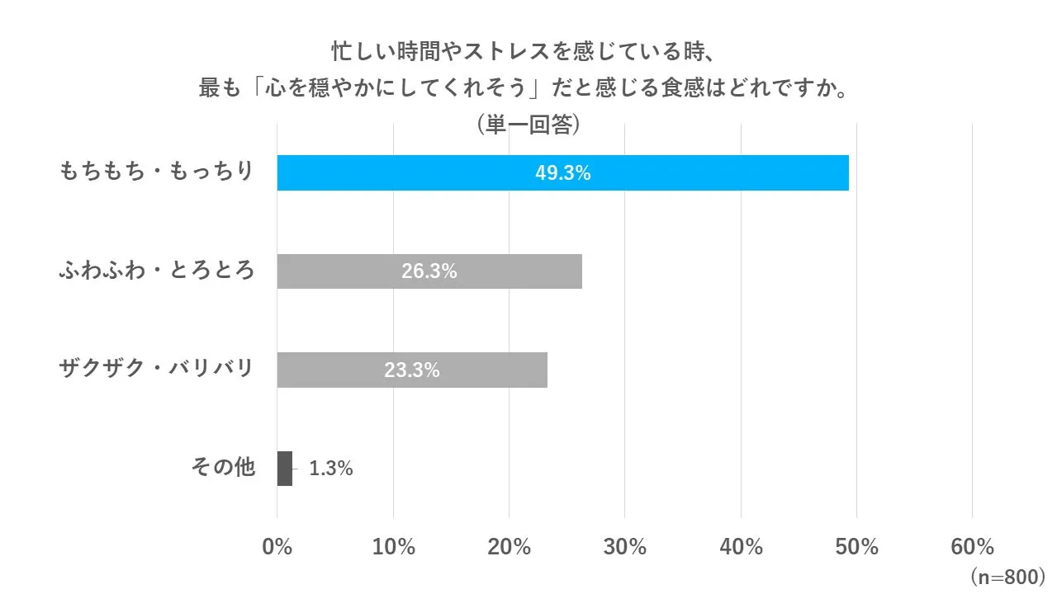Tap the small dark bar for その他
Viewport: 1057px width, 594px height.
[284, 469]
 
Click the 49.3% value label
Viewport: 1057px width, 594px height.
[562, 173]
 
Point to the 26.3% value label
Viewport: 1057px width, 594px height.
[429, 271]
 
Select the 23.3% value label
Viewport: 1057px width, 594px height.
[411, 370]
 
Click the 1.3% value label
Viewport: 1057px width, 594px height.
[331, 469]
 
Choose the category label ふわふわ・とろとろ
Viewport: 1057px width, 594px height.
[156, 271]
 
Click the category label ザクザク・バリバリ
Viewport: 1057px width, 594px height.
[156, 369]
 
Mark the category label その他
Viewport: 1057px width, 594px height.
[223, 468]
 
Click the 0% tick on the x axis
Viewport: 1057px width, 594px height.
[277, 547]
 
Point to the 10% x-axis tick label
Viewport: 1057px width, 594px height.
[393, 547]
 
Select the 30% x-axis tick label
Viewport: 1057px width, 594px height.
[625, 547]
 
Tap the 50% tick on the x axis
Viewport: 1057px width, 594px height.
[856, 547]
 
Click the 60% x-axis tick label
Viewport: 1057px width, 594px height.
[972, 547]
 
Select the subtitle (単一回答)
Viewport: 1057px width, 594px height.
[528, 125]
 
